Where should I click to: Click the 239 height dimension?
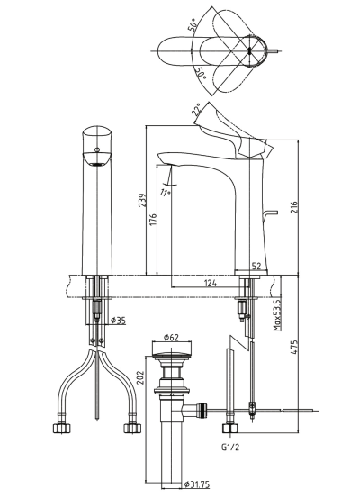142,201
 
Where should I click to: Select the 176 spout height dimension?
153,221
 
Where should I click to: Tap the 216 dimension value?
294,207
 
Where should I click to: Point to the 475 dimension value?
294,348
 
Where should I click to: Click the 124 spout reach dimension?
210,283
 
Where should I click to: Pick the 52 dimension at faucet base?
256,267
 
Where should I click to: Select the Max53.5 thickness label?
278,315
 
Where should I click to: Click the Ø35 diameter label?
118,321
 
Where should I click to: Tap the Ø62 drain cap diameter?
171,338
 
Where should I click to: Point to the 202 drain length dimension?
140,377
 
